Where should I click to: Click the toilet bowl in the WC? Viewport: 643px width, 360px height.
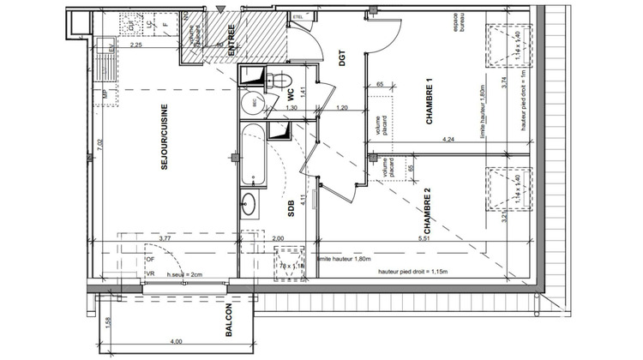pos(276,81)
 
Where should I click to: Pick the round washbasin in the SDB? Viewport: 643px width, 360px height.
pos(250,204)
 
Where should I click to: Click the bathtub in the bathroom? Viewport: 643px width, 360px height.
pos(253,154)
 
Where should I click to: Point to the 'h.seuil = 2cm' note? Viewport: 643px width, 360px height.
pos(185,274)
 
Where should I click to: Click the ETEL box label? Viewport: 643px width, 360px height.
pos(298,16)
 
